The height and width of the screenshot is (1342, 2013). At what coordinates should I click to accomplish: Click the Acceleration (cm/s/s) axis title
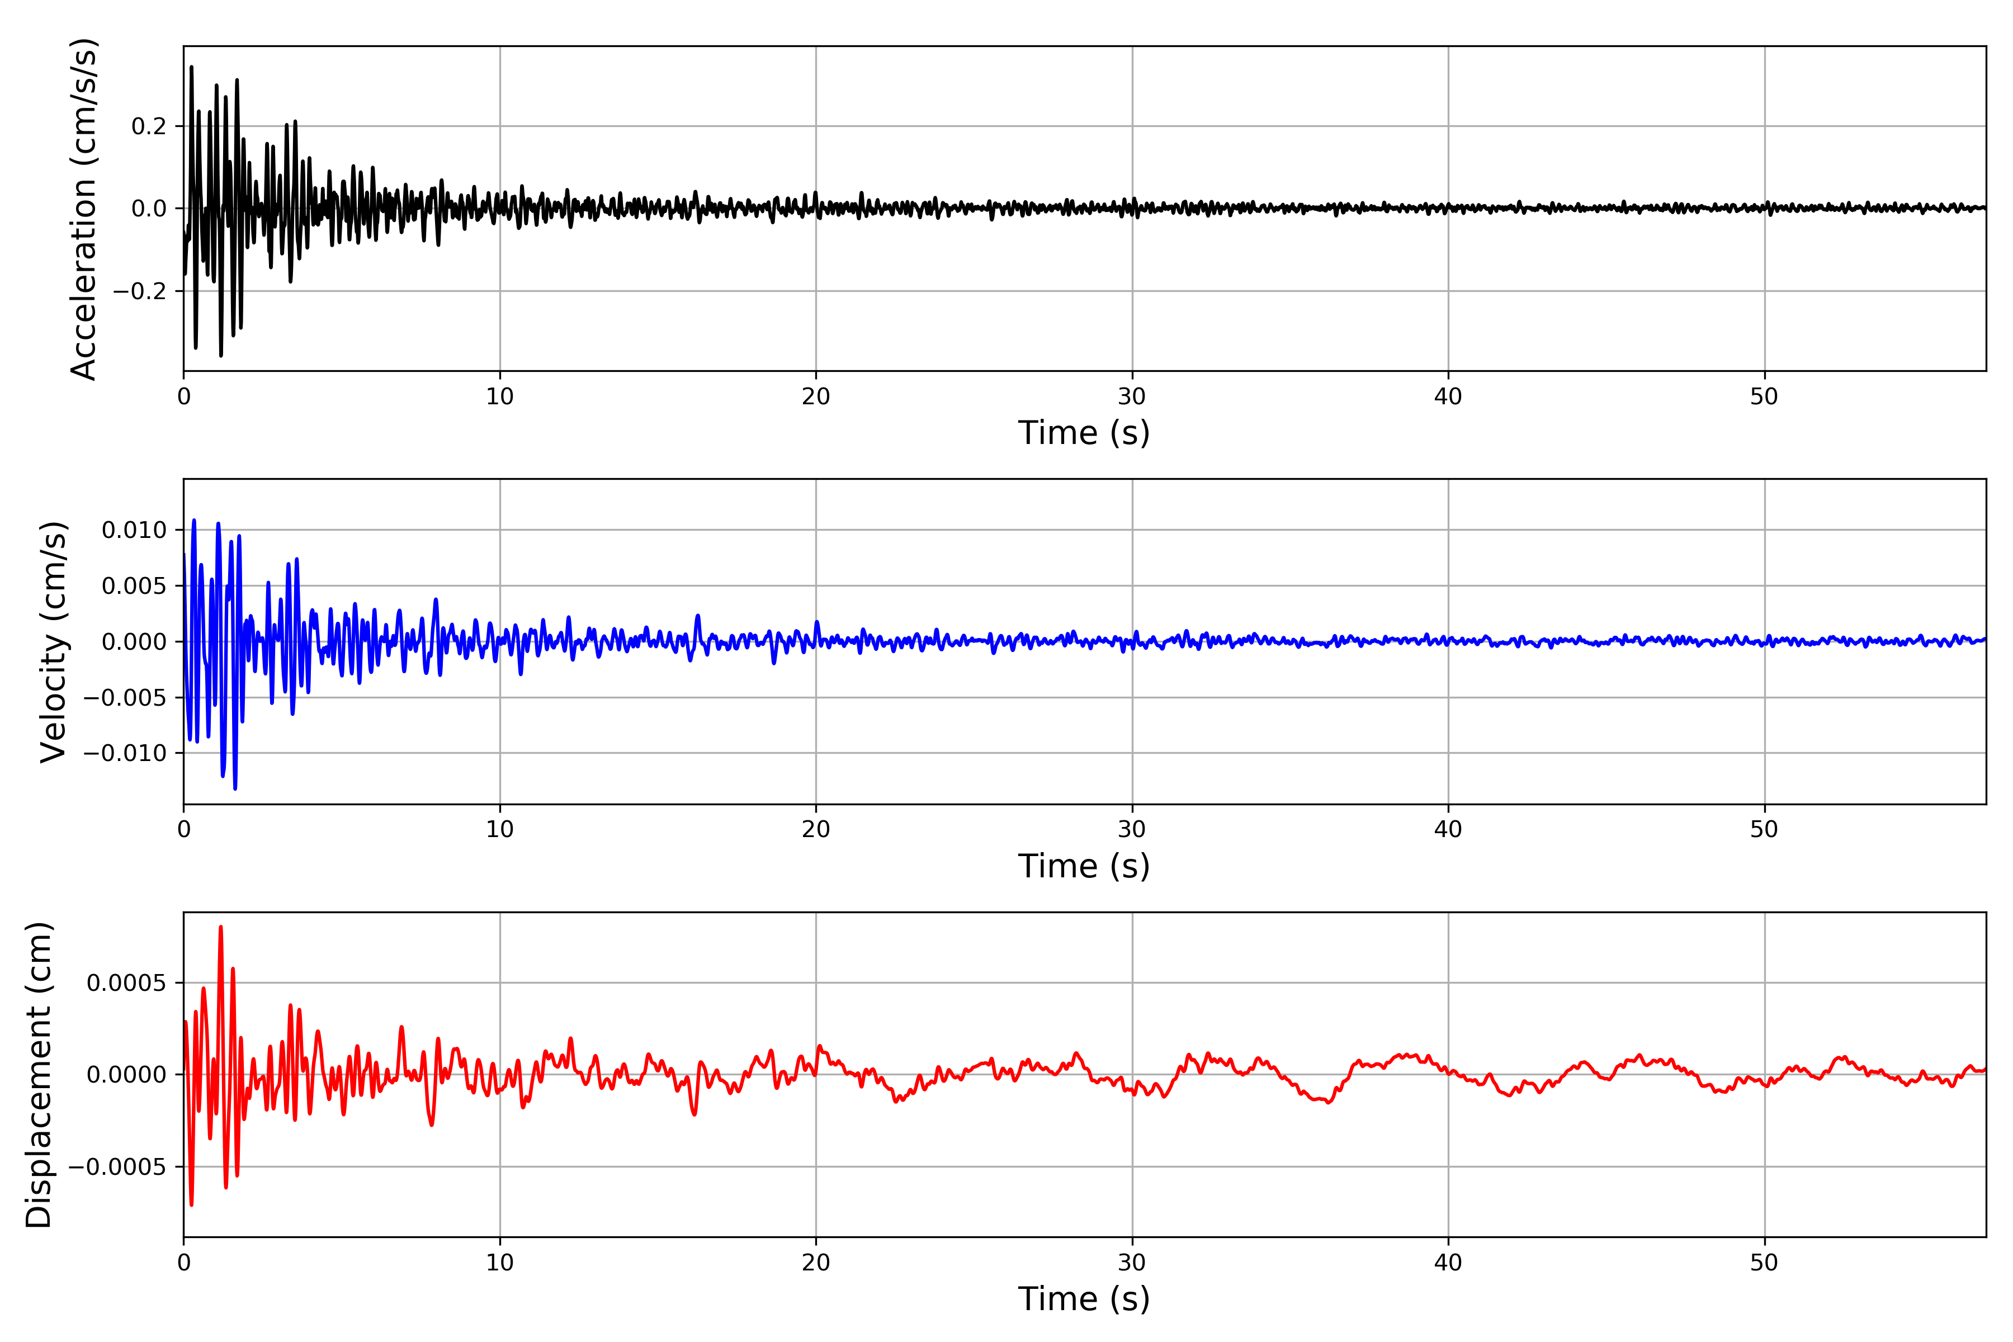[84, 209]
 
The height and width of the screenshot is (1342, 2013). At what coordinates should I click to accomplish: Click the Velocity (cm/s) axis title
[54, 642]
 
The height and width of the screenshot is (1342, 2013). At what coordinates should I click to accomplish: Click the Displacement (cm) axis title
[39, 1075]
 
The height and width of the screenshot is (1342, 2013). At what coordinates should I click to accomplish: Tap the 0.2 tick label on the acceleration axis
[148, 127]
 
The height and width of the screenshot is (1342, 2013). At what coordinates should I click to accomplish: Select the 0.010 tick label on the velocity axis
[134, 531]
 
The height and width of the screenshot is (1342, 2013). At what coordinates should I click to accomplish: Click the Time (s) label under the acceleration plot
[1084, 433]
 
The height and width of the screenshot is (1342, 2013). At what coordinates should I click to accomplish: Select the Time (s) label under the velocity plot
[1084, 866]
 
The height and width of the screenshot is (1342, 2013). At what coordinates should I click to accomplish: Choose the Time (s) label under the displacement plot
[1084, 1299]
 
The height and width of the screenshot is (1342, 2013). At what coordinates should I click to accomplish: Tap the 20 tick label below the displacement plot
[816, 1263]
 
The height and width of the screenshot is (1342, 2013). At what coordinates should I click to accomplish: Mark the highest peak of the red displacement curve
[221, 927]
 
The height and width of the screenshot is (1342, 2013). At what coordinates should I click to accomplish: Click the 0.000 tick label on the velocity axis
[134, 642]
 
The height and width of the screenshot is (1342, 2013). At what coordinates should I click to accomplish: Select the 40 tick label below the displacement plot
[1448, 1263]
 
